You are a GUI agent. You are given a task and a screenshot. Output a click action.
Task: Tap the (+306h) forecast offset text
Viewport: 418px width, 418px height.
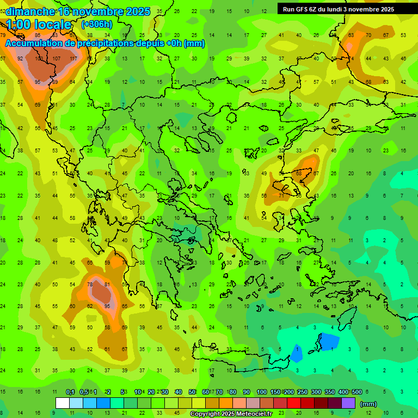[97, 24]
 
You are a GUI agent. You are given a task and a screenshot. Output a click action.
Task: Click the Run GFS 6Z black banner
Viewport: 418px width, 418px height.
[338, 9]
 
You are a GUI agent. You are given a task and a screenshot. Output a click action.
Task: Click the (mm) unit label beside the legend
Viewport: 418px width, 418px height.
[368, 404]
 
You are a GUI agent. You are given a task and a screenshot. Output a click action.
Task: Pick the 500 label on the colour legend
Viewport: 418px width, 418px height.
[356, 392]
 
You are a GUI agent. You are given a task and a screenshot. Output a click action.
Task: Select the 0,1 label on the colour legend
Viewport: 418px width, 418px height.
[70, 392]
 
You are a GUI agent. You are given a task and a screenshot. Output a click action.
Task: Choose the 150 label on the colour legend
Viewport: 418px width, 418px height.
[275, 392]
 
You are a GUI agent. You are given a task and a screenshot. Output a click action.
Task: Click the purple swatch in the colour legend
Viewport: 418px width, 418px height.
[348, 403]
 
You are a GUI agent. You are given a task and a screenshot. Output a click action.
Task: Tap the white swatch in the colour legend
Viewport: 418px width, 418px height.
[63, 403]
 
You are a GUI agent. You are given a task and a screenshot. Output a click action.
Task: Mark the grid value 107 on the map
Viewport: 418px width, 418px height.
[57, 59]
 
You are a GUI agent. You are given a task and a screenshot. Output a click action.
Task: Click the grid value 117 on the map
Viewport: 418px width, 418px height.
[73, 59]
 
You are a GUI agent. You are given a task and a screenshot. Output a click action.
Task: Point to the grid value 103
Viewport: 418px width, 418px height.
[39, 59]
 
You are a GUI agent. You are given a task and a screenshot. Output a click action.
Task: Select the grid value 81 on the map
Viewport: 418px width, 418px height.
[107, 284]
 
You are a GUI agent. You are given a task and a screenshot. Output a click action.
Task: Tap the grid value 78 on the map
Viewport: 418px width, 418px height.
[90, 284]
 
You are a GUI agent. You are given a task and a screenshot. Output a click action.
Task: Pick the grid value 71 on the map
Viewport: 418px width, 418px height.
[281, 195]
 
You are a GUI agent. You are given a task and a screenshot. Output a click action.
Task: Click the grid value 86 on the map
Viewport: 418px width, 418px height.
[298, 173]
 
